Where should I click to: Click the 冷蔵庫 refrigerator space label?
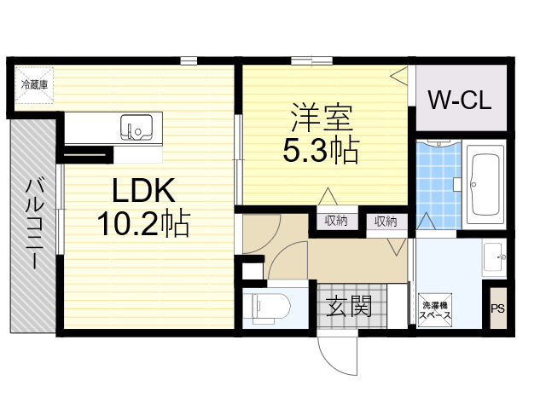34,84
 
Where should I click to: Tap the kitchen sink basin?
136,127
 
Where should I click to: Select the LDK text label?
143,190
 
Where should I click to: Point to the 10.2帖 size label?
143,222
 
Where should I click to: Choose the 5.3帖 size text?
321,150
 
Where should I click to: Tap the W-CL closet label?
460,101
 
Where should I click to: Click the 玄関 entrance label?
349,306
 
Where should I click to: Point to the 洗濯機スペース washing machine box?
434,310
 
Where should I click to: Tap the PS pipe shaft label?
498,308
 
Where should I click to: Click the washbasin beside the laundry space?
494,257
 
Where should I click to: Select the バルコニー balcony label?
35,223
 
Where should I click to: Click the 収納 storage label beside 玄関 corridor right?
386,222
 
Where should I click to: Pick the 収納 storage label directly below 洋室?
336,221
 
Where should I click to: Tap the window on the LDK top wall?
189,60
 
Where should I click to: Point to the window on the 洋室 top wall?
312,60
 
